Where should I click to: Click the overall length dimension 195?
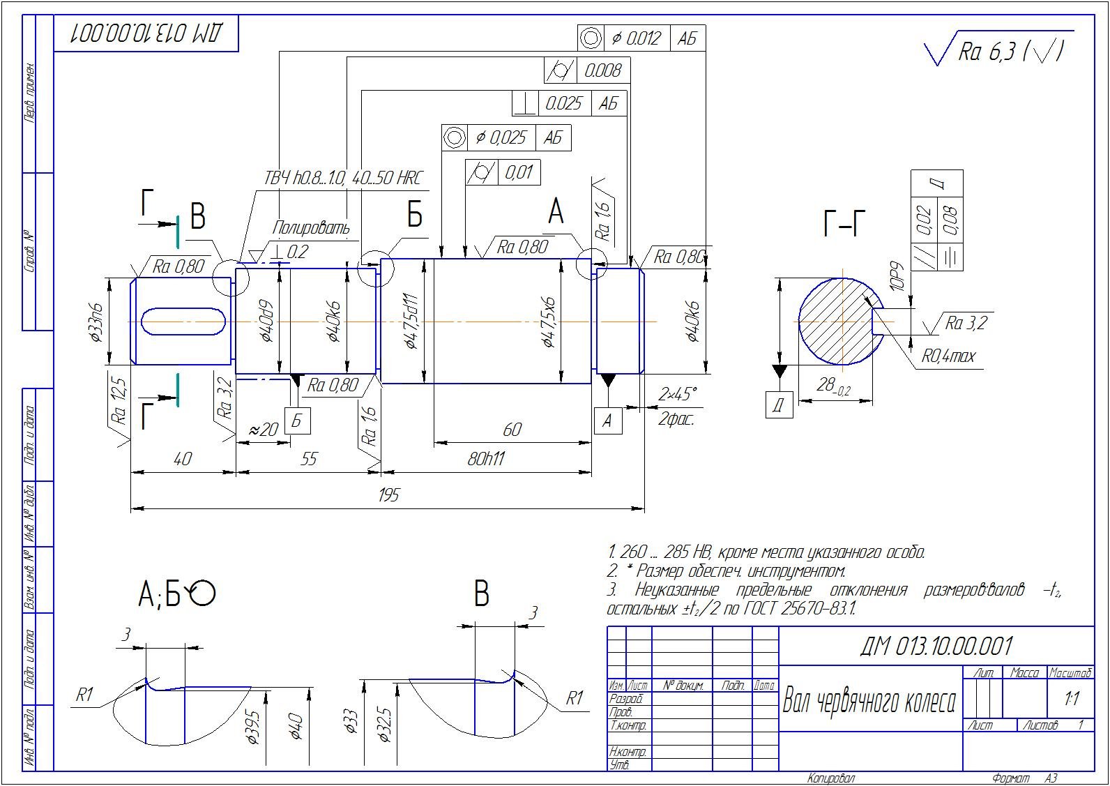coord(388,494)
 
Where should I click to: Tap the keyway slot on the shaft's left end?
coord(183,322)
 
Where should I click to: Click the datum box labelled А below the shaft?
coord(607,421)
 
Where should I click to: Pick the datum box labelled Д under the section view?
coord(779,405)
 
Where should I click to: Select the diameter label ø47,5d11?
coord(411,322)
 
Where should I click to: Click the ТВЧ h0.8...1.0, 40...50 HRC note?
coord(342,178)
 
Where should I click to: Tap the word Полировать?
coord(311,227)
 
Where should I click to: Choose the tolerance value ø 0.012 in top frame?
coord(636,38)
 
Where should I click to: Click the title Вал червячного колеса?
coord(869,700)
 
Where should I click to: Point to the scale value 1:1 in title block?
coord(1072,697)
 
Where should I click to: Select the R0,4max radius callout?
coord(948,356)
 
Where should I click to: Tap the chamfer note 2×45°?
coord(677,395)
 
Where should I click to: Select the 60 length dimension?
coord(512,429)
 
